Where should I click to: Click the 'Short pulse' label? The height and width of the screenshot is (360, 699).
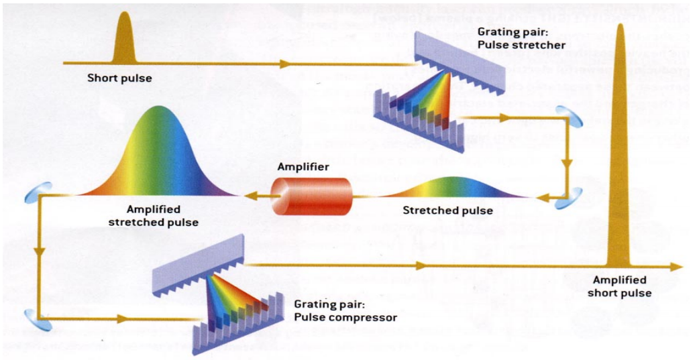tap(119, 78)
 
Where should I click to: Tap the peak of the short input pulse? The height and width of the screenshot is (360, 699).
tap(124, 15)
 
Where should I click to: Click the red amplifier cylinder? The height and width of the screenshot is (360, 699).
tap(311, 196)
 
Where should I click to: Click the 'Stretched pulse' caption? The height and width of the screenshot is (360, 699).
tap(447, 211)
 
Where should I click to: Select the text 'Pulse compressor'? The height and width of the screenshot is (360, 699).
tap(345, 316)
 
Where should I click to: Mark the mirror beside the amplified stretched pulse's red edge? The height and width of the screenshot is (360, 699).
tap(32, 194)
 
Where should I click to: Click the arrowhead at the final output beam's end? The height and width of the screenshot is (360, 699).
tap(676, 267)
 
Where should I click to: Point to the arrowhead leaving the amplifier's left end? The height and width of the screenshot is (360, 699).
tap(248, 196)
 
